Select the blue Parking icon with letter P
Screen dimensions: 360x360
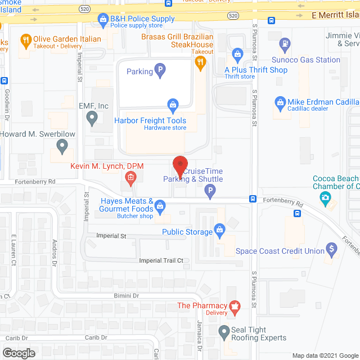coord(160,71)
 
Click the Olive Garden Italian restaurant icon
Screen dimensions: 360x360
coord(25,39)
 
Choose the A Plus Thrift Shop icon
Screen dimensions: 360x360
coord(237,55)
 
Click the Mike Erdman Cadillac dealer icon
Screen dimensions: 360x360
coord(280,102)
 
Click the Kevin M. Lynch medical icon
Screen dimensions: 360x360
coord(130,179)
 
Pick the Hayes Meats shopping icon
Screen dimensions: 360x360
coord(161,206)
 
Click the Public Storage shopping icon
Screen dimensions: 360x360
coord(219,229)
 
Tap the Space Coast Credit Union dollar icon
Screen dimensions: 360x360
coord(332,247)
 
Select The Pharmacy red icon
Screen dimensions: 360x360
coord(235,307)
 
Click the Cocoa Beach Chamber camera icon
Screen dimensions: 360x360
coord(325,198)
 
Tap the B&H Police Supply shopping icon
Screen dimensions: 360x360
coord(103,21)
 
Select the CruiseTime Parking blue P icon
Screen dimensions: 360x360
coord(210,193)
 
